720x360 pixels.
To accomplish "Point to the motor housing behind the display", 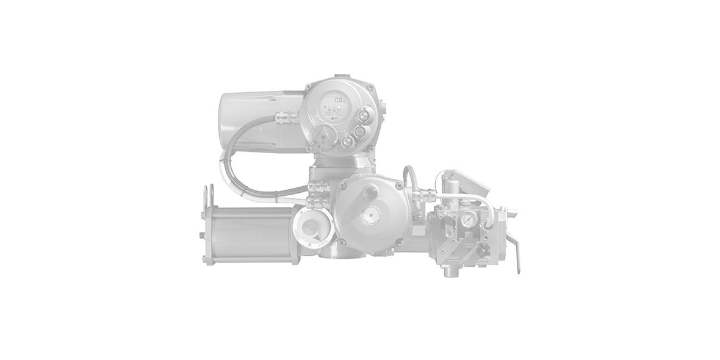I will pos(262,120).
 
